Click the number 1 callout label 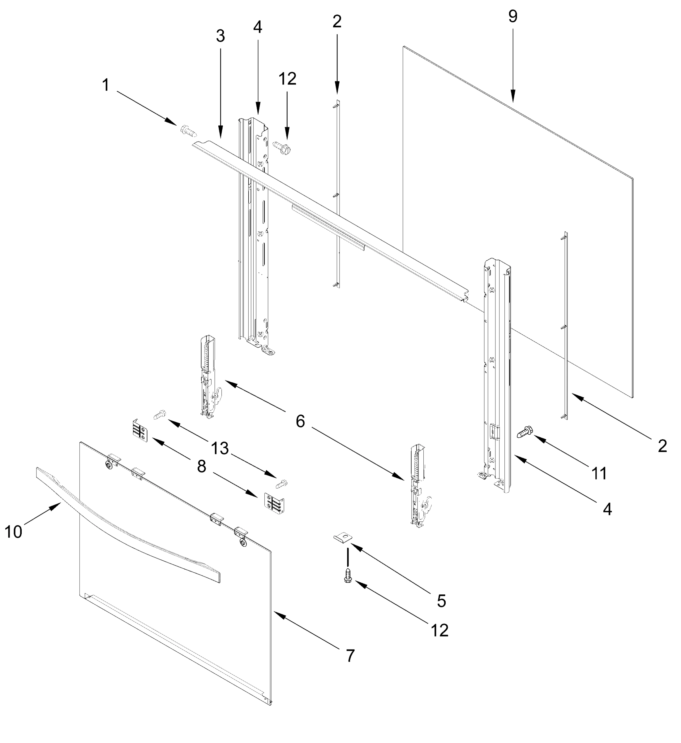(x=106, y=85)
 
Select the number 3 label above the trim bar (x=221, y=36)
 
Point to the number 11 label (x=599, y=473)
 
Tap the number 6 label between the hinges (x=300, y=421)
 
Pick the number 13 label (x=220, y=449)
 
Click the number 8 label (x=202, y=467)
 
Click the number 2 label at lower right (x=662, y=446)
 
